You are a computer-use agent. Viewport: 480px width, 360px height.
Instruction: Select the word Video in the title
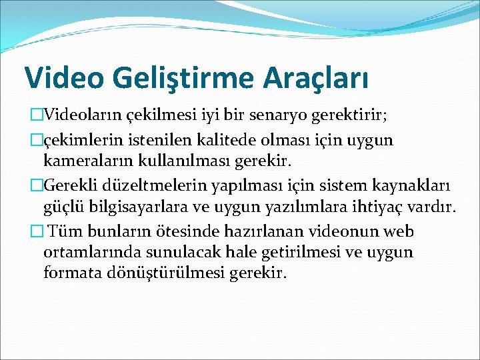pos(62,77)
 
